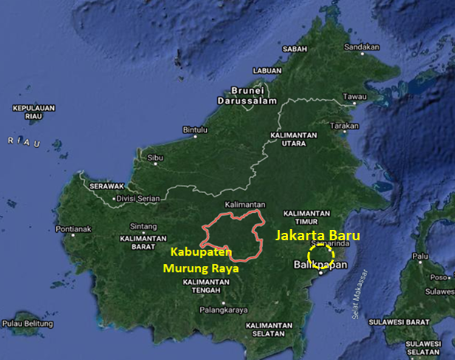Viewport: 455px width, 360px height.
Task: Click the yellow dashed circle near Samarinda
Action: pyautogui.click(x=321, y=257)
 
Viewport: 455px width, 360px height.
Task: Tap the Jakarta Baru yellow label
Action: pyautogui.click(x=318, y=237)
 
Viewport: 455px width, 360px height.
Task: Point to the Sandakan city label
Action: pyautogui.click(x=362, y=47)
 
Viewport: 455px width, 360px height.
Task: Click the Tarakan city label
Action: pyautogui.click(x=343, y=126)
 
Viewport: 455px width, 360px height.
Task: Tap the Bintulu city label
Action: pyautogui.click(x=195, y=130)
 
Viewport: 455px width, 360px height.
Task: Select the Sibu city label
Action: pyautogui.click(x=155, y=157)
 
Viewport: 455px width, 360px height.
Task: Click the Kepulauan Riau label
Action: pyautogui.click(x=34, y=112)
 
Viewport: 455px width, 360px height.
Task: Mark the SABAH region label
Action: pyautogui.click(x=295, y=49)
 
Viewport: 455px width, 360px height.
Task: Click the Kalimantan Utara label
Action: pyautogui.click(x=294, y=140)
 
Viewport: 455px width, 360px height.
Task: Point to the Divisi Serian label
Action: pyautogui.click(x=140, y=198)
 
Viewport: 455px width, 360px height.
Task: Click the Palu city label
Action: pyautogui.click(x=420, y=257)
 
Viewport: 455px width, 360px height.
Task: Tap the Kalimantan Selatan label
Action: pyautogui.click(x=270, y=330)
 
